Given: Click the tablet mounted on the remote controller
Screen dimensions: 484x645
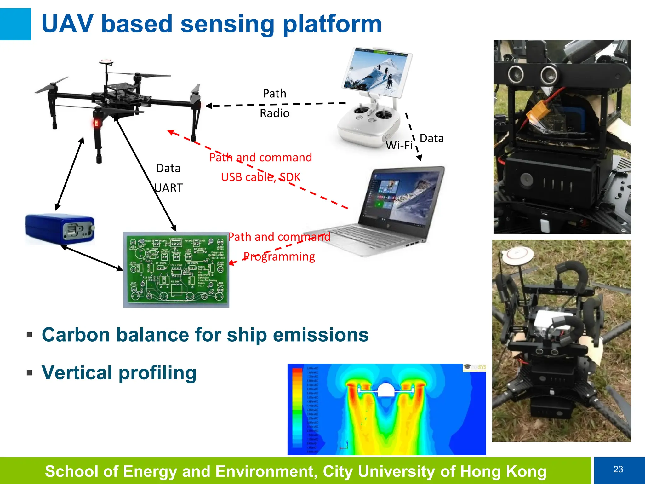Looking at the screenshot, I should point(376,72).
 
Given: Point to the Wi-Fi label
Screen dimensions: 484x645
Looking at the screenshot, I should point(399,145).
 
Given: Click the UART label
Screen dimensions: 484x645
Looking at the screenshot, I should point(168,188).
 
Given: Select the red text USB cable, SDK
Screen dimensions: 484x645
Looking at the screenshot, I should point(260,177).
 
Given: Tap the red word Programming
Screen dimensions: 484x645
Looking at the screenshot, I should point(279,256).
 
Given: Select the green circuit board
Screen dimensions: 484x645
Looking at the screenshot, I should point(176,269).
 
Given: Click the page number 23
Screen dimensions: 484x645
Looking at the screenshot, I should point(618,469).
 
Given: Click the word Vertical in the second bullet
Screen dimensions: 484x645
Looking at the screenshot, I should point(77,373).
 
